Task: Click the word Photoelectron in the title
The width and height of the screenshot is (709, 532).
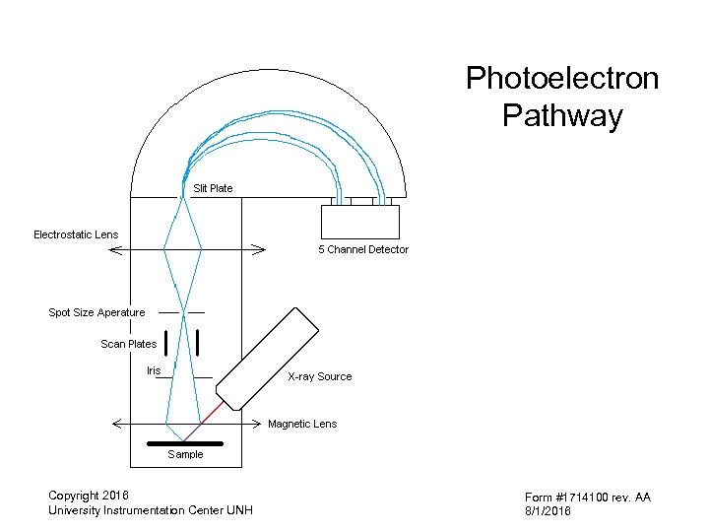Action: coord(562,79)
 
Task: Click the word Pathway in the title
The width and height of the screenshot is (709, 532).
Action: coord(562,116)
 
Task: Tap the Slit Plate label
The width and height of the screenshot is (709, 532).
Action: coord(213,188)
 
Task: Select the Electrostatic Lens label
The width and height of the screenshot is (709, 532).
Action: coord(76,234)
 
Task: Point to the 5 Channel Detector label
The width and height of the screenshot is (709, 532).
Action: coord(362,250)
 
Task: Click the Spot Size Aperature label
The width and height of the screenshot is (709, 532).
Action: coord(97,312)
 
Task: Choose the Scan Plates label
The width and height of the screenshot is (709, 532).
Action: coord(128,344)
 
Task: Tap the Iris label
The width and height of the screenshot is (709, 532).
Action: coord(153,370)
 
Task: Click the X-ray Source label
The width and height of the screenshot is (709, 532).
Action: coord(319,376)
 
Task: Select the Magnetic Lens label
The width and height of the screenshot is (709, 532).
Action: coord(302,424)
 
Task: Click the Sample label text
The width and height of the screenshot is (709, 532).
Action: coord(185,454)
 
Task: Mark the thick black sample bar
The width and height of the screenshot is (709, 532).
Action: coord(184,443)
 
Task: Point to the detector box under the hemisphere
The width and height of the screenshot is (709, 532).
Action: coord(359,222)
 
